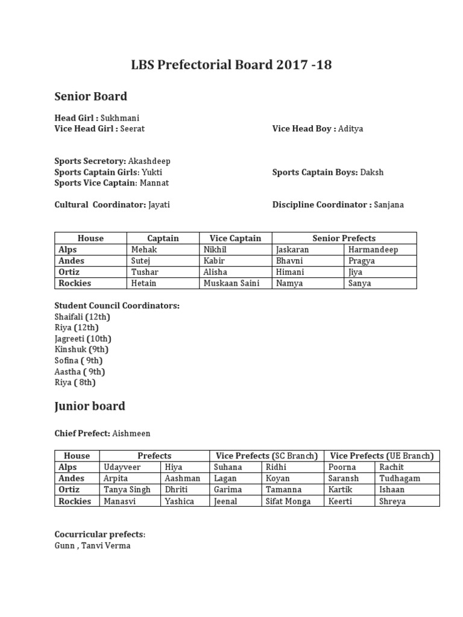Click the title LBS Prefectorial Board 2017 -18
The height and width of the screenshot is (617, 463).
tap(231, 65)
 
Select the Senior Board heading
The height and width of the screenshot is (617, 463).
tap(90, 96)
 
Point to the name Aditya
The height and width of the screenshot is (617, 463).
tap(351, 129)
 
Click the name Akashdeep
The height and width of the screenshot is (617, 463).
tap(150, 161)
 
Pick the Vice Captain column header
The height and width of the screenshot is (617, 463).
tap(235, 238)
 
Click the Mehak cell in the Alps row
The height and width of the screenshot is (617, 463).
tap(143, 249)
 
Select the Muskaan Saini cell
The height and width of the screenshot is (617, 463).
tap(231, 283)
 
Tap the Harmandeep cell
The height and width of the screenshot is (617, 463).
tap(373, 249)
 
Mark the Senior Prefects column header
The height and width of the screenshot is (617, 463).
tap(344, 238)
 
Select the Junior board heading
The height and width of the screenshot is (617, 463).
tap(90, 406)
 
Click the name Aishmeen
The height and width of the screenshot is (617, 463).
tap(131, 434)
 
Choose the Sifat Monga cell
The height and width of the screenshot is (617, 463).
tap(288, 501)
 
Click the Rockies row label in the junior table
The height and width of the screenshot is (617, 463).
tap(75, 501)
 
